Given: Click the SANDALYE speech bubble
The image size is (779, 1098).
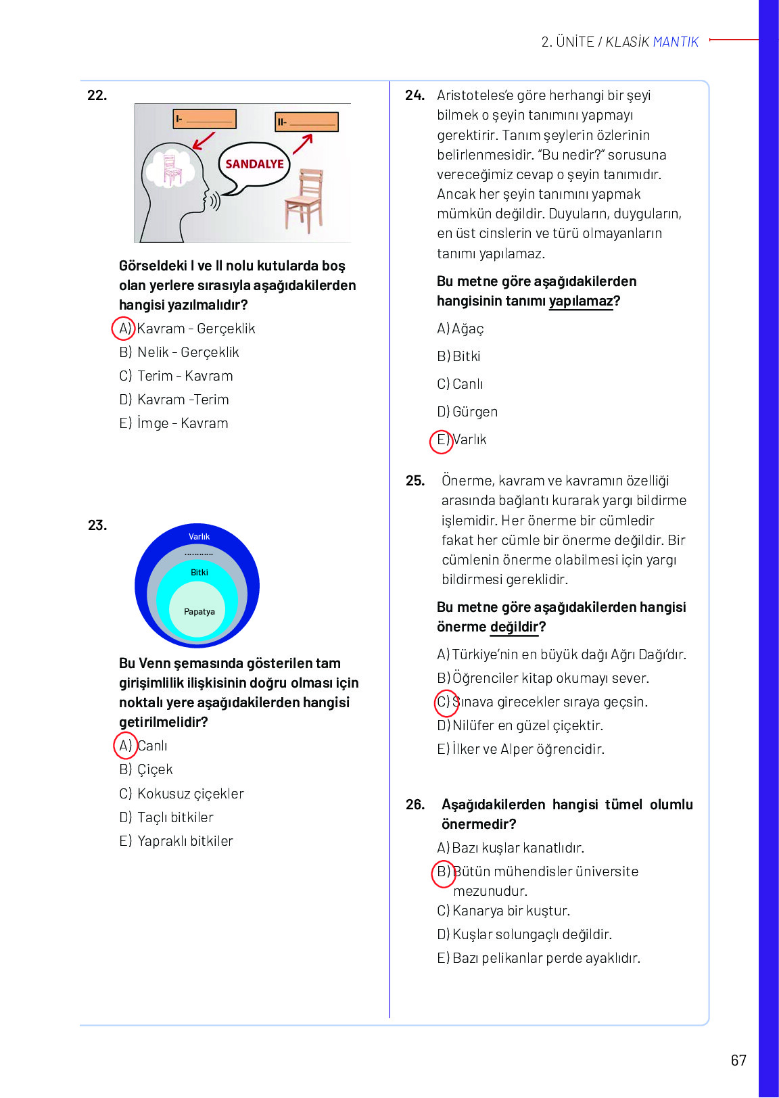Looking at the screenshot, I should coord(254,164).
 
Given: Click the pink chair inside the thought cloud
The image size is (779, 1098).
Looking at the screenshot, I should coord(172,170).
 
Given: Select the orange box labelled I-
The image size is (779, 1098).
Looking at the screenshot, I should coord(204,119).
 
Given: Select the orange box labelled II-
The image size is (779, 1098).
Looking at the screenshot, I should coord(306,122).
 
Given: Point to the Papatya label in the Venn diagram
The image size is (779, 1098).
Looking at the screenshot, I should coord(199,611).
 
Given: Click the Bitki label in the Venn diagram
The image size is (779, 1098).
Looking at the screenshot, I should coord(199,572).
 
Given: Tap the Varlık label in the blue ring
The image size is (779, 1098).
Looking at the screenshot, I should coord(199,536).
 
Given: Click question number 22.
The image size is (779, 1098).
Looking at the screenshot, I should coord(97,95).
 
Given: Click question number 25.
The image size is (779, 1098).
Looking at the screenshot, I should coord(415,481).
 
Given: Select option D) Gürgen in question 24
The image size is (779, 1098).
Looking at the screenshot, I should coord(467,411).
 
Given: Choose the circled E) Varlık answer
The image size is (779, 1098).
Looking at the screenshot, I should coord(461,439).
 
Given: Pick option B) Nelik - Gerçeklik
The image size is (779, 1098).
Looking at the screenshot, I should coord(179,352).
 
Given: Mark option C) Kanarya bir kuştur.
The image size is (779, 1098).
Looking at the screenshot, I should coord(503,911).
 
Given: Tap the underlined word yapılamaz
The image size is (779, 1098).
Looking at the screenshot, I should coord(581,301).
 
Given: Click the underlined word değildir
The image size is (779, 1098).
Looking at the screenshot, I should coord(514,627).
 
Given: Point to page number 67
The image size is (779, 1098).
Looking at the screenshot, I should coord(738,1060).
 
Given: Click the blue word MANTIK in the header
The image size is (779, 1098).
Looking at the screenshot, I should coord(676,42).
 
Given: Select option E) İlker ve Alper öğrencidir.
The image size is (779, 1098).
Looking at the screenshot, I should coord(521,749).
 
